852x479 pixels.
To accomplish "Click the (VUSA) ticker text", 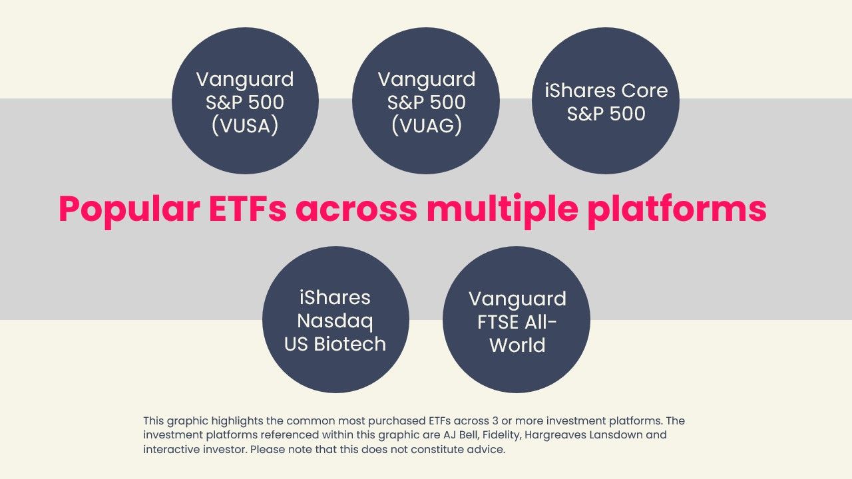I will click(x=245, y=126).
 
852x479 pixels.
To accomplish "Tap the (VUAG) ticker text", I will click(x=426, y=126).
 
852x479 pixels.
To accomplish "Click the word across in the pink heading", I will click(x=357, y=209).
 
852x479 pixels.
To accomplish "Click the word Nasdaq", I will click(x=335, y=321).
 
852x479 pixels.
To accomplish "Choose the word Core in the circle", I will click(x=644, y=90).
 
